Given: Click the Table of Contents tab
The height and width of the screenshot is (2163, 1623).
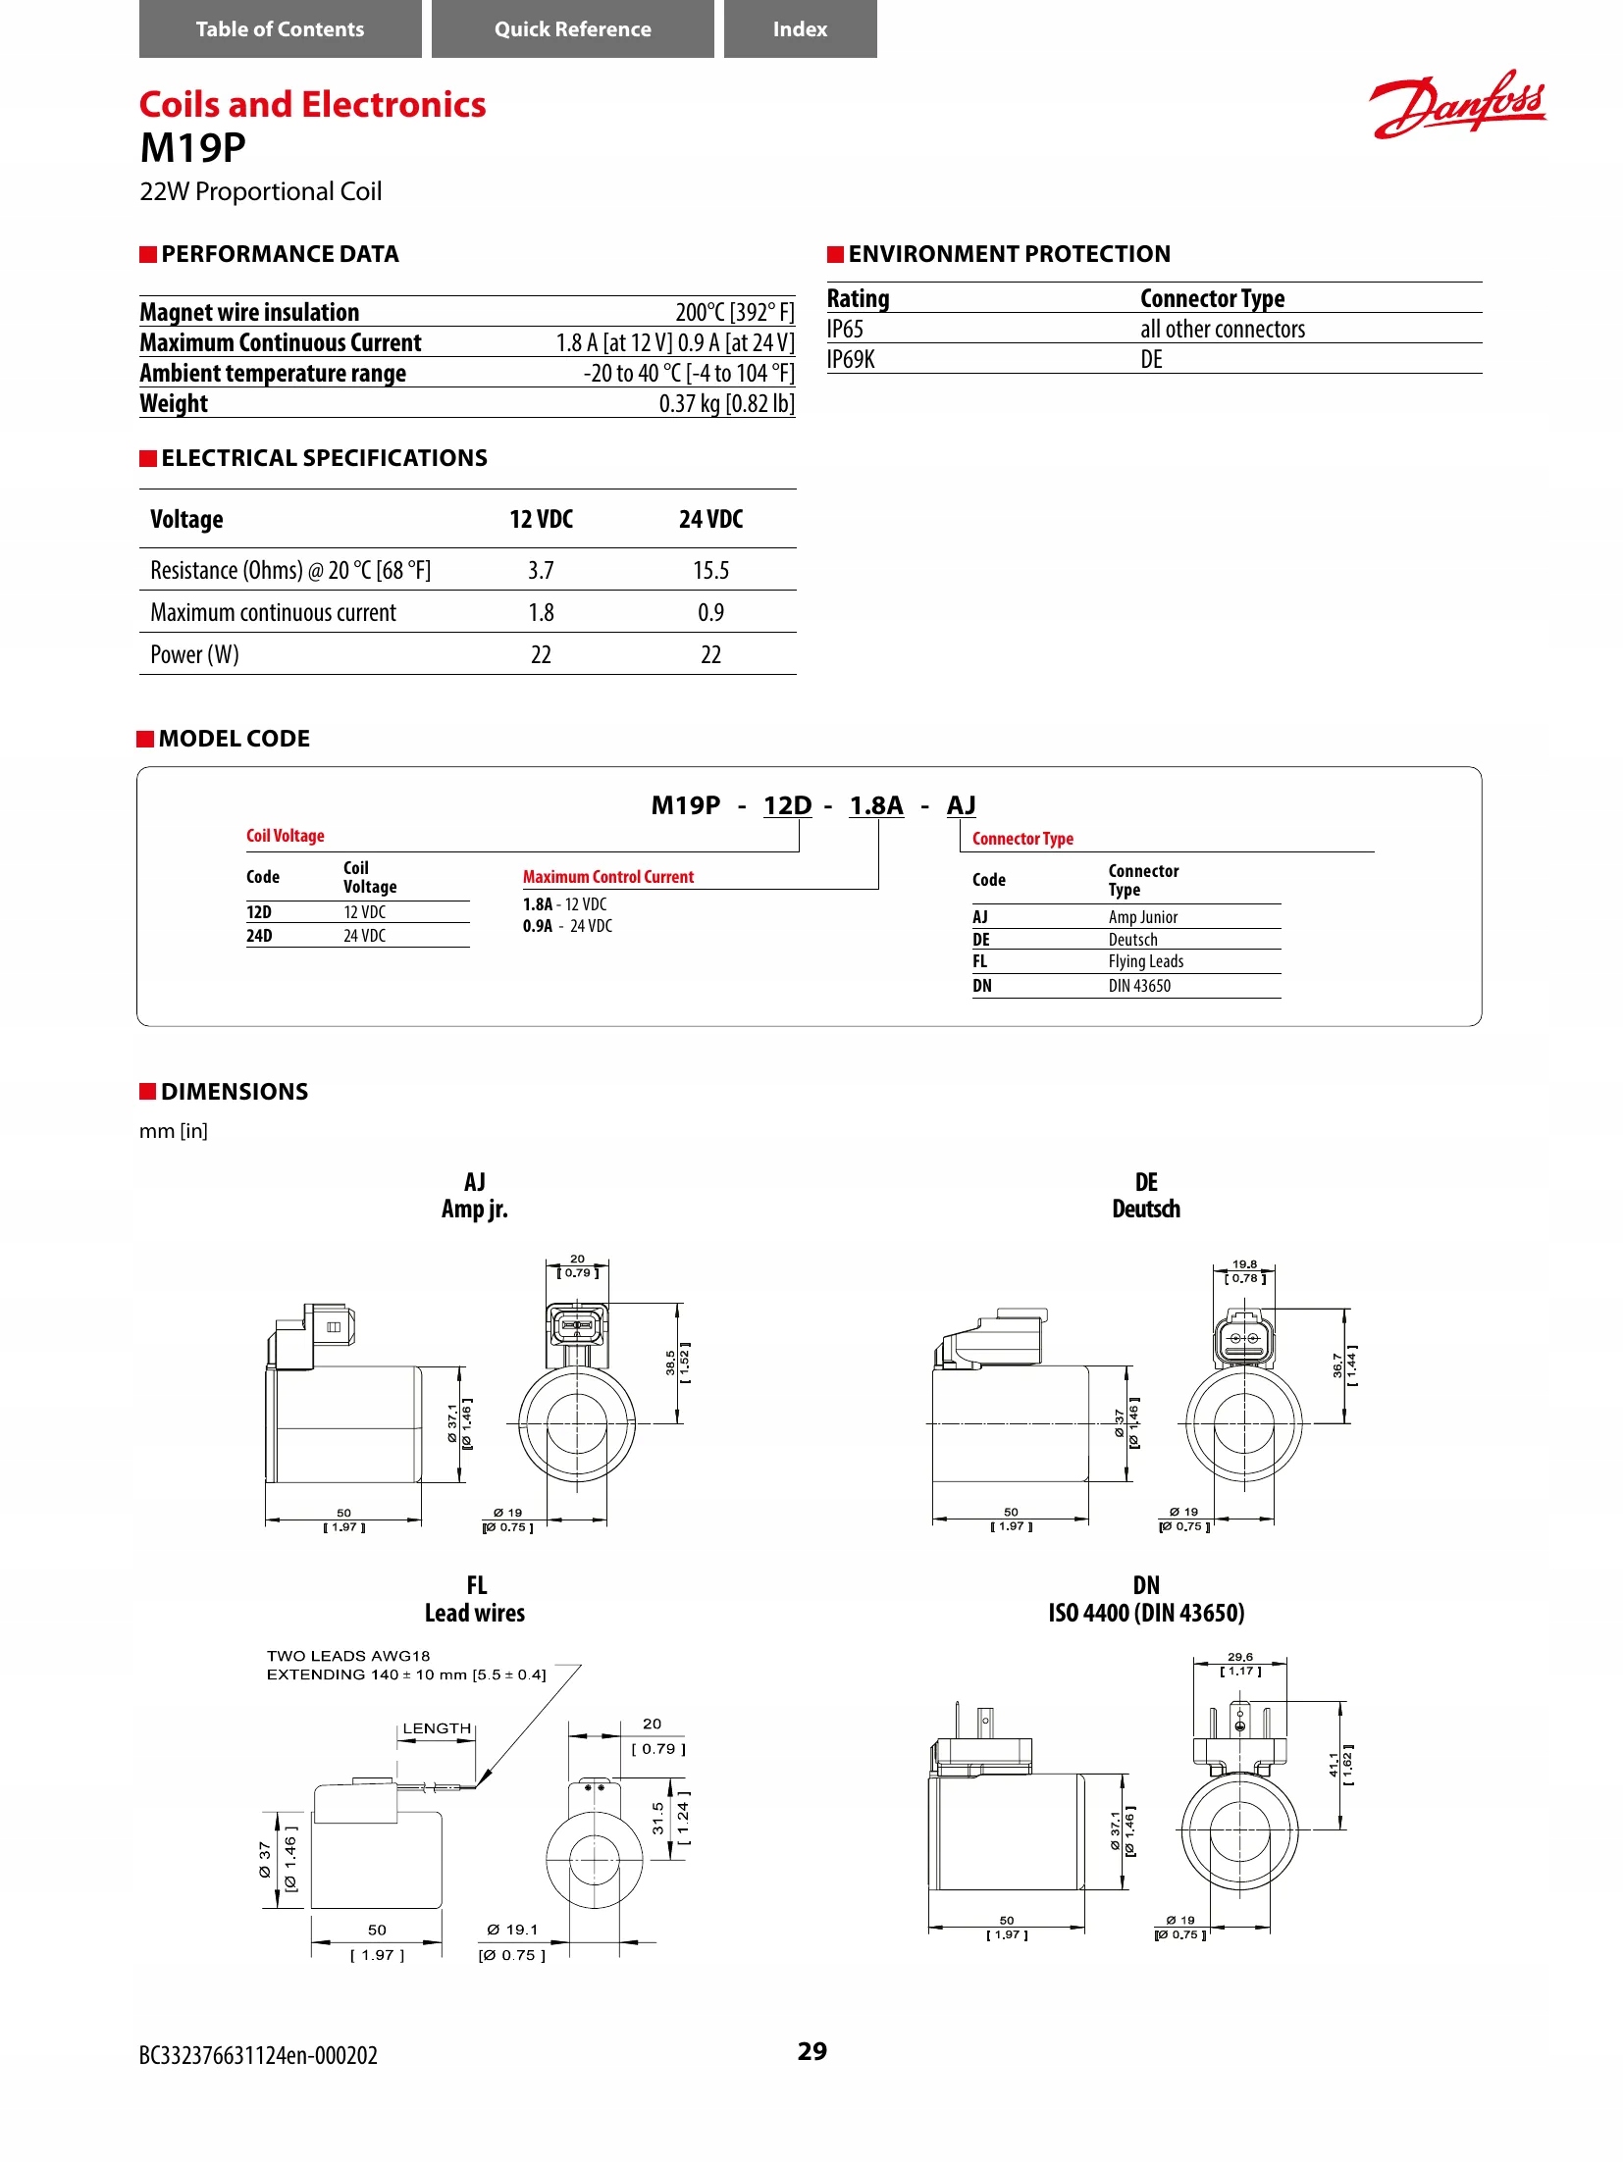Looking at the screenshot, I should click(x=280, y=29).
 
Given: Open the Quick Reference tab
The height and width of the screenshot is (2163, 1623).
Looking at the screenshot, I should click(x=572, y=29).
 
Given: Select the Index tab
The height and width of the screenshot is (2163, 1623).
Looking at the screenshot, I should click(x=800, y=29).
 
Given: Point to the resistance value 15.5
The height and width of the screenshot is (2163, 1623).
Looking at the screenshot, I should click(x=710, y=570).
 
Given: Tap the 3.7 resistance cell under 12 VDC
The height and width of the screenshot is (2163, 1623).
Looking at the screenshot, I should click(x=541, y=570).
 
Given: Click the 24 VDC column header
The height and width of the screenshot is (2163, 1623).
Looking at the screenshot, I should click(x=710, y=519).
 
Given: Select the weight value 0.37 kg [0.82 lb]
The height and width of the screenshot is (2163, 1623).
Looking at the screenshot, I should click(x=726, y=403).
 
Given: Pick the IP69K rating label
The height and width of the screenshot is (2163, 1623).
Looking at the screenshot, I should click(x=851, y=359).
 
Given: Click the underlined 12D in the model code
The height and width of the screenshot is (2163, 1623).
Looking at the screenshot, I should click(x=787, y=805).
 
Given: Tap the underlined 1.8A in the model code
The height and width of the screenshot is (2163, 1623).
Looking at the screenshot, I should click(x=875, y=805).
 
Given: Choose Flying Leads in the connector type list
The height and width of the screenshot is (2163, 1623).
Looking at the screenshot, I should click(x=1145, y=961).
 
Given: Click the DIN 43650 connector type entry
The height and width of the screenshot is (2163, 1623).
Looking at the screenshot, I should click(x=1139, y=986).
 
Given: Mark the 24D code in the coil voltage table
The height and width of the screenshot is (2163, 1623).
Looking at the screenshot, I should click(x=259, y=936).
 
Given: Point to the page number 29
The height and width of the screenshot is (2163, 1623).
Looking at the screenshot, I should click(x=811, y=2051).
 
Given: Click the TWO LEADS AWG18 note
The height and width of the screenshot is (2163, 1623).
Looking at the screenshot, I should click(x=348, y=1656).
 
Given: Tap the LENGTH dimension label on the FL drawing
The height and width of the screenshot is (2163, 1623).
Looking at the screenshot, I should click(x=437, y=1728).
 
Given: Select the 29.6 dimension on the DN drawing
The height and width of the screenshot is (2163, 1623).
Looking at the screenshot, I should click(x=1239, y=1657).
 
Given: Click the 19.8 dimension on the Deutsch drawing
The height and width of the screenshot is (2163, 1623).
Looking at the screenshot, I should click(x=1244, y=1264).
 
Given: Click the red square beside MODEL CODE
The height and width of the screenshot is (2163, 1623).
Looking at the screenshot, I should click(x=145, y=739).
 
